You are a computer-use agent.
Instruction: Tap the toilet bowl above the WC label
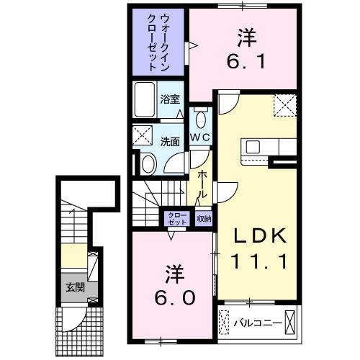[x=200, y=119]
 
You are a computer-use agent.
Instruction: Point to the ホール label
[x=203, y=186]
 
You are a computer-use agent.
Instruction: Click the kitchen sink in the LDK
[x=253, y=147]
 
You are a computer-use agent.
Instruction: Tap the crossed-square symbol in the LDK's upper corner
[x=285, y=105]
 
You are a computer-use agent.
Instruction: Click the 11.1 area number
[x=259, y=261]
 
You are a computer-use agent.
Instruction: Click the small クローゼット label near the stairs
[x=176, y=219]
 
